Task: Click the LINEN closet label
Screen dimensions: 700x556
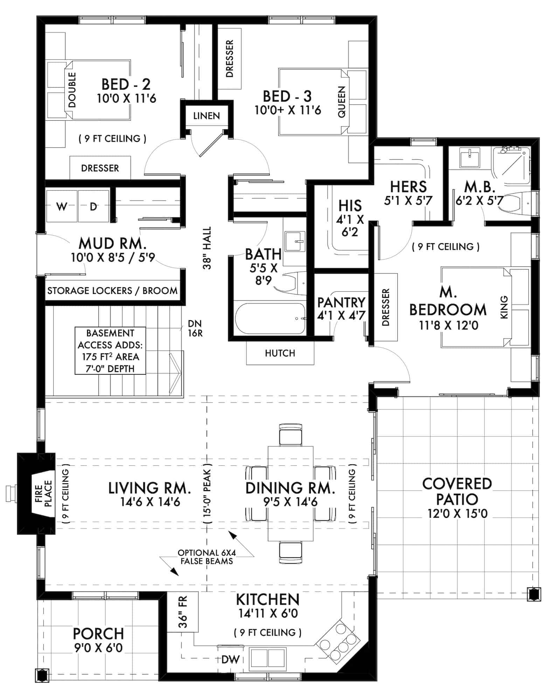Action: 207,116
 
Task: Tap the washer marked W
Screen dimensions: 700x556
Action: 62,207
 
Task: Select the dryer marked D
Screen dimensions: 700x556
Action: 93,207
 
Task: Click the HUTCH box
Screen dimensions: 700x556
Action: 280,353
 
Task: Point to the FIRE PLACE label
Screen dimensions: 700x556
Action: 43,493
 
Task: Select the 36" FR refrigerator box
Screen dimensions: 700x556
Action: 183,612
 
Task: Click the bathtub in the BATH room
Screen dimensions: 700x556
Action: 270,319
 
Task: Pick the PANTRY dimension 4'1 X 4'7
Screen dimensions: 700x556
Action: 341,315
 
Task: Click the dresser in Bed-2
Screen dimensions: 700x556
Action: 100,168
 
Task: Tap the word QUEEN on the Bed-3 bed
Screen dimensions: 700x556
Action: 342,102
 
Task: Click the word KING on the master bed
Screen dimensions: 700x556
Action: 504,307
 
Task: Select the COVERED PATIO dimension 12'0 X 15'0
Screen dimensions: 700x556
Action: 457,514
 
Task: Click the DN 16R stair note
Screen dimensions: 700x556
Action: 195,328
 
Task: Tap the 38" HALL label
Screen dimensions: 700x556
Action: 207,248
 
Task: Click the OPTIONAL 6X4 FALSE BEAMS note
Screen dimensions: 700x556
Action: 206,557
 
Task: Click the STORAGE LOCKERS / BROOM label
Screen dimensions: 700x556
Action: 112,291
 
